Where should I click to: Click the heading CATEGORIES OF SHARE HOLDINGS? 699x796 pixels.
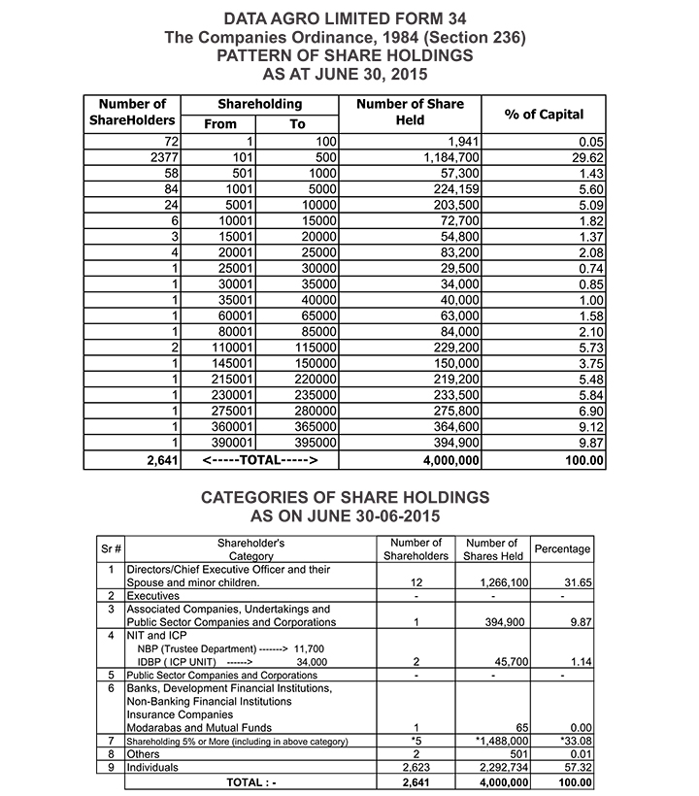[345, 497]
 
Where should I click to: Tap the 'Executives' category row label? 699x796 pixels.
[153, 595]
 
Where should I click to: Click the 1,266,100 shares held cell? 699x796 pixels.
[502, 582]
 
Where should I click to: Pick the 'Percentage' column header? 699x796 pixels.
[562, 548]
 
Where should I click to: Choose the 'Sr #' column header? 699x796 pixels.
[112, 549]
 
